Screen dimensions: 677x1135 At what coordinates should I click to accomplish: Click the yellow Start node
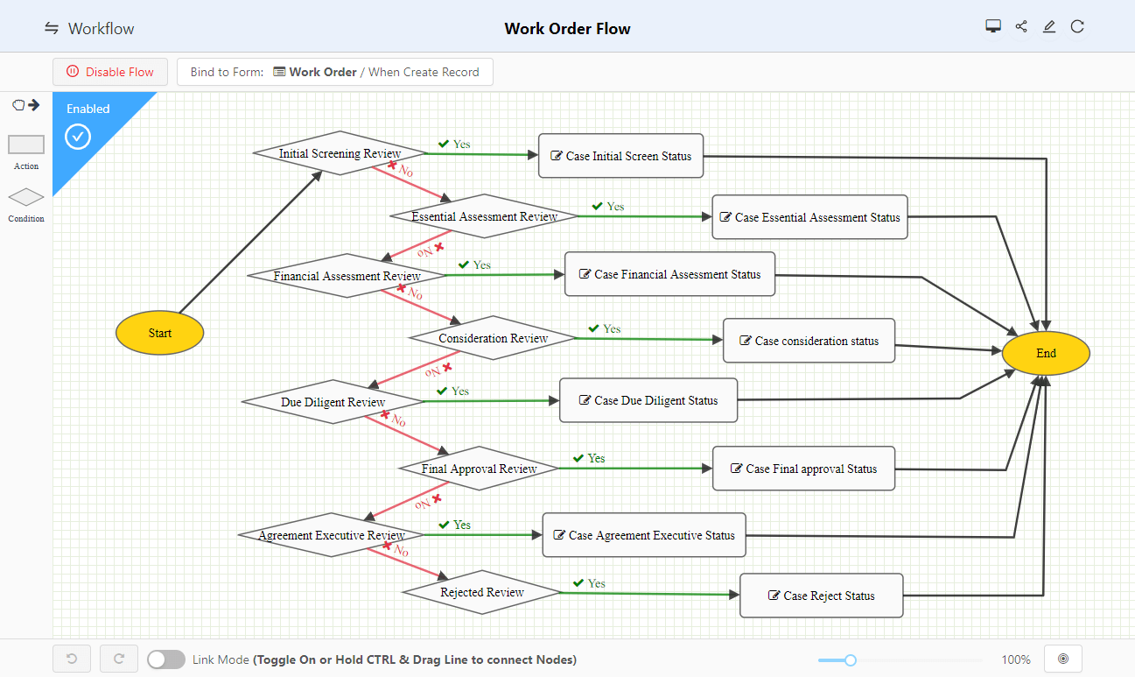click(x=159, y=333)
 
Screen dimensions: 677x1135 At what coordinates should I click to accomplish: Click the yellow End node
click(x=1046, y=354)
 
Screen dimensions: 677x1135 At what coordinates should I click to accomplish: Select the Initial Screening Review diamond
click(x=340, y=153)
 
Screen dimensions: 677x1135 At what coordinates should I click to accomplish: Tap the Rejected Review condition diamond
click(x=481, y=593)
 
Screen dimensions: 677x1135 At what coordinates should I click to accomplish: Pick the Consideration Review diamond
click(x=493, y=338)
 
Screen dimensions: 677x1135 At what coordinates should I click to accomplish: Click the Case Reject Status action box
click(x=821, y=596)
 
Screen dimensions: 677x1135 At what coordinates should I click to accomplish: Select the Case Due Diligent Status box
click(x=648, y=400)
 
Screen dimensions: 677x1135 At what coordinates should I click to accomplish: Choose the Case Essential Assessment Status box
click(x=809, y=217)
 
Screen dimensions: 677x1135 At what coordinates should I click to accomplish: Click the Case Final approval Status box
click(x=803, y=469)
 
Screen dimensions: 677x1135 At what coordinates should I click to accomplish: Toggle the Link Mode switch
click(x=166, y=659)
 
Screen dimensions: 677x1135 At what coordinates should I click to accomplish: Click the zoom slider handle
click(x=850, y=659)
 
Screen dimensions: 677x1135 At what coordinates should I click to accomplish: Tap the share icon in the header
click(x=1021, y=27)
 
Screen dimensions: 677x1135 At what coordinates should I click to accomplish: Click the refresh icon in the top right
click(x=1077, y=27)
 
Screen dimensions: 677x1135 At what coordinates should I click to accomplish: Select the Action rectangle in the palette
click(x=26, y=145)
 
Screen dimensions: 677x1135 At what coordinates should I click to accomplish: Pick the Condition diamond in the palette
click(x=26, y=198)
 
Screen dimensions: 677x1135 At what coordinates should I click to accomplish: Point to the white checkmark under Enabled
click(x=79, y=137)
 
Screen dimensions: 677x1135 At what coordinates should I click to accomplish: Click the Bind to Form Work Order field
click(x=334, y=72)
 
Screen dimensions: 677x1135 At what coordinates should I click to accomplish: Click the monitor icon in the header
click(x=993, y=27)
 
